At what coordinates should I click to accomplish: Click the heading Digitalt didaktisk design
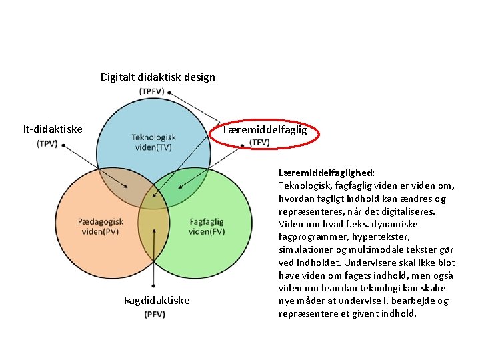point(157,77)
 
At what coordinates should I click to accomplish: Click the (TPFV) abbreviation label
point(154,91)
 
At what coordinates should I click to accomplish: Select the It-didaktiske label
point(53,129)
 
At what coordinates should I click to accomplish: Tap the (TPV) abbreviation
point(47,143)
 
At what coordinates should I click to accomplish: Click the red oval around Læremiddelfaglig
point(270,130)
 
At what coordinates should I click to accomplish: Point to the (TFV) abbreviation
point(259,142)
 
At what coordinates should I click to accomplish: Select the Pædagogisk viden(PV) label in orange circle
point(101,227)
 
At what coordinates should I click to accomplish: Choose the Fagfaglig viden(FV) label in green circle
point(207,227)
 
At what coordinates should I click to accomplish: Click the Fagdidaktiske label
point(157,301)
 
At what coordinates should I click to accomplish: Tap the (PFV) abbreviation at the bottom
point(155,314)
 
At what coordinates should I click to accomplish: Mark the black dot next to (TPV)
point(63,145)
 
